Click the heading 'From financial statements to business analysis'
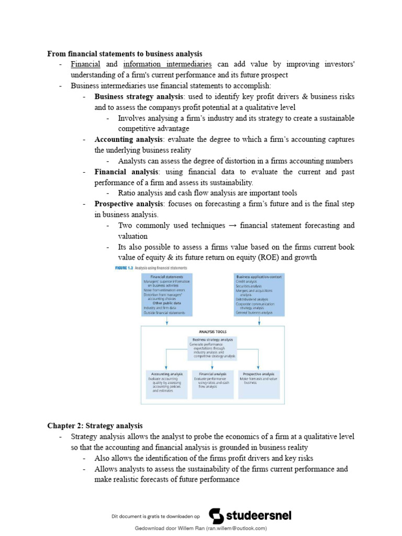tap(125, 54)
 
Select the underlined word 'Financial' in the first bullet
tap(85, 64)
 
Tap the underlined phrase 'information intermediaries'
tap(167, 64)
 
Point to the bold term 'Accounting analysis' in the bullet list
tap(128, 139)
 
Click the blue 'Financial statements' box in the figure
tap(166, 294)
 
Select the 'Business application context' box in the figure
tap(259, 294)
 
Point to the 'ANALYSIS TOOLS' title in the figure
tap(213, 331)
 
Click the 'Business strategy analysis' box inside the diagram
tap(213, 349)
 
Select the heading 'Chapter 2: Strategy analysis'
tap(95, 426)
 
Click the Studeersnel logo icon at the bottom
tap(216, 515)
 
